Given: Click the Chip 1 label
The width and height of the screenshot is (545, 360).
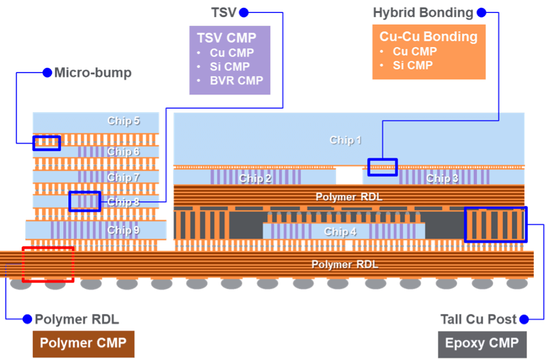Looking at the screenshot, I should pyautogui.click(x=345, y=140).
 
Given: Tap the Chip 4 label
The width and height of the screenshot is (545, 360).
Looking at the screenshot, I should pyautogui.click(x=340, y=232).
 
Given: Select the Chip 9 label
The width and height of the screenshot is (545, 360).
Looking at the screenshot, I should pyautogui.click(x=123, y=230).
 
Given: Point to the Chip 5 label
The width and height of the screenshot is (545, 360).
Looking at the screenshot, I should pyautogui.click(x=123, y=121).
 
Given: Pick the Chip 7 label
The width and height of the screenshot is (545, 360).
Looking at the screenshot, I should pyautogui.click(x=123, y=177).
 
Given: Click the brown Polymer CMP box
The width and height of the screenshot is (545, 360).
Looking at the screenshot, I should pyautogui.click(x=83, y=343).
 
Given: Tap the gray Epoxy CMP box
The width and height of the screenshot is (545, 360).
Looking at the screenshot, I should pyautogui.click(x=482, y=343).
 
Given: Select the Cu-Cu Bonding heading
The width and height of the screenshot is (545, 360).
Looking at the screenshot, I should pyautogui.click(x=428, y=37).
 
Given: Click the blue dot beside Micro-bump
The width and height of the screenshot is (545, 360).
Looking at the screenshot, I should pyautogui.click(x=47, y=73).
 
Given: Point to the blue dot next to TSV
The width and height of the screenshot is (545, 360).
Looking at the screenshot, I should pyautogui.click(x=244, y=12).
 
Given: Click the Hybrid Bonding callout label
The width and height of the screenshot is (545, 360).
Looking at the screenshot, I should pyautogui.click(x=423, y=12).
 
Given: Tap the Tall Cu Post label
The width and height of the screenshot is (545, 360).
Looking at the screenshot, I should pyautogui.click(x=478, y=319).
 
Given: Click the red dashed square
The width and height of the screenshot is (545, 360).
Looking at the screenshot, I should pyautogui.click(x=48, y=264).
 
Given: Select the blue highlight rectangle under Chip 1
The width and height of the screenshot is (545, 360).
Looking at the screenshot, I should pyautogui.click(x=382, y=167).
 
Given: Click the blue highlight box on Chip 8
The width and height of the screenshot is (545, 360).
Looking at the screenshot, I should pyautogui.click(x=84, y=201).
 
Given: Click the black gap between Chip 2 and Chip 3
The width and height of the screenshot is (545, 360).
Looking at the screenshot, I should pyautogui.click(x=349, y=176).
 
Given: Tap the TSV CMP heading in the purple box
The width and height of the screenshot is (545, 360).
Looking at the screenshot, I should pyautogui.click(x=226, y=38).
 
